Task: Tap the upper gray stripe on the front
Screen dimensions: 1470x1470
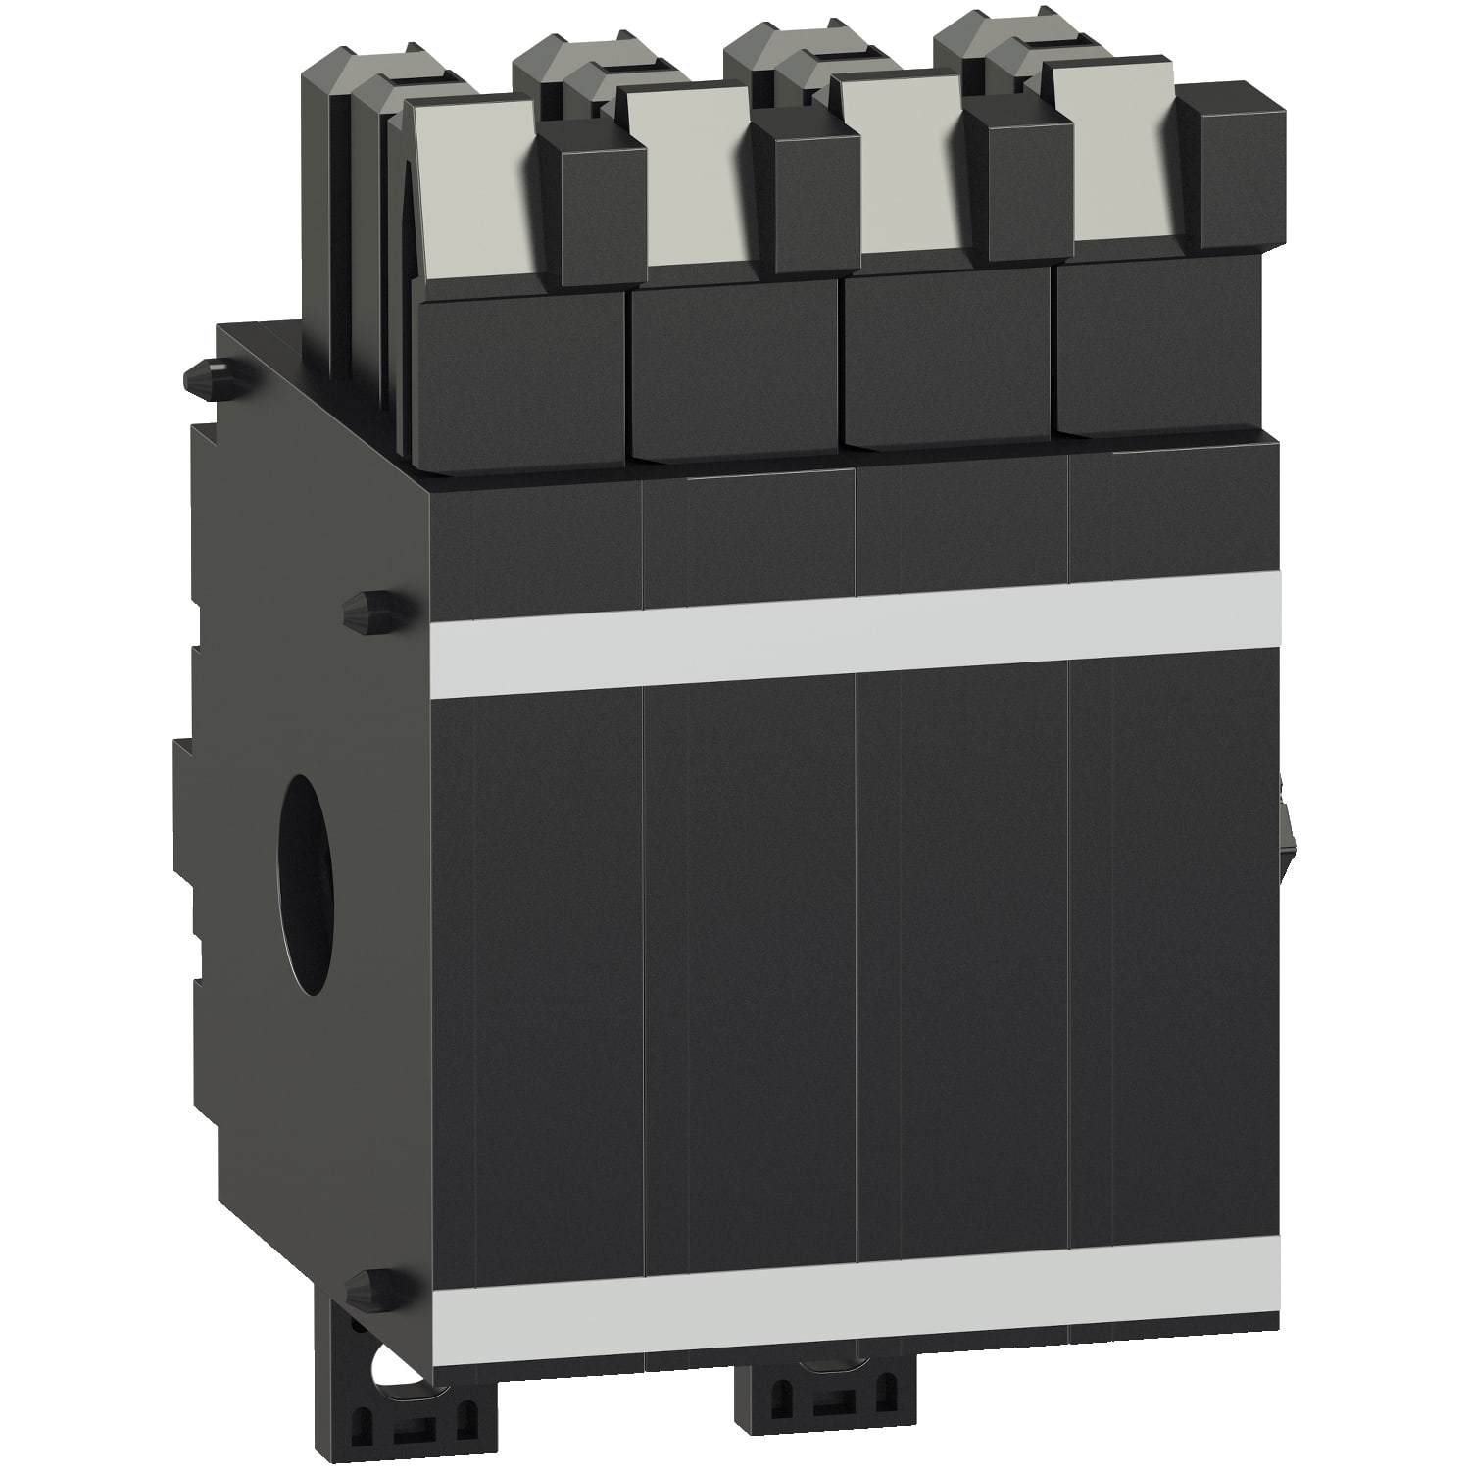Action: point(853,632)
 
